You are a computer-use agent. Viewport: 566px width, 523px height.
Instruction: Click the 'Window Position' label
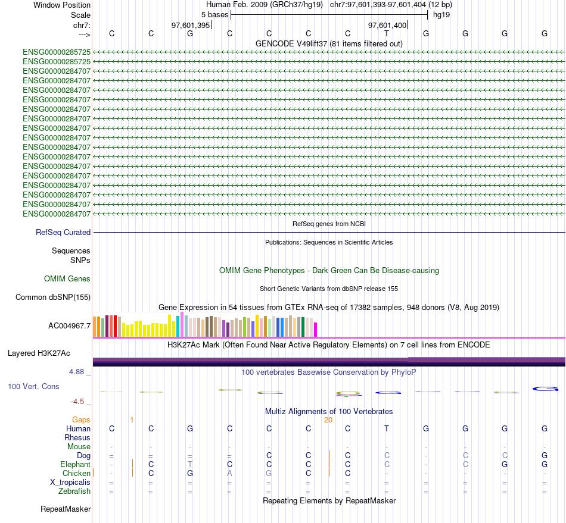point(62,5)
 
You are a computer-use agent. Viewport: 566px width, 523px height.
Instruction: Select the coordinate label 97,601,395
point(191,26)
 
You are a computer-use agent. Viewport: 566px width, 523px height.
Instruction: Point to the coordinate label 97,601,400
point(388,26)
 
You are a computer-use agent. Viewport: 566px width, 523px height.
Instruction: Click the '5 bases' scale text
point(214,14)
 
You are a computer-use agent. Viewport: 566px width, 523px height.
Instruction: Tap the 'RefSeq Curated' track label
point(63,233)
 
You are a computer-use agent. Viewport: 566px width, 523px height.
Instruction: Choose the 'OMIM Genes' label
point(67,279)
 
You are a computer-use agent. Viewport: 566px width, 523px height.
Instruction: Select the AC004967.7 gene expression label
point(69,326)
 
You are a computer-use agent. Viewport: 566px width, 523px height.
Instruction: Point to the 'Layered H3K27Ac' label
point(39,353)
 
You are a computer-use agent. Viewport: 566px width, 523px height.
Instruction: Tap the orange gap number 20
point(328,420)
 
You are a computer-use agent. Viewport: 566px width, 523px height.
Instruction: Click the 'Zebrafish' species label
point(74,491)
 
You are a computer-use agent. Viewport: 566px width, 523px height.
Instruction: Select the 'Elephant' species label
point(75,465)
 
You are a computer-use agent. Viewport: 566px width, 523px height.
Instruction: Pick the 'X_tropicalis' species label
point(70,483)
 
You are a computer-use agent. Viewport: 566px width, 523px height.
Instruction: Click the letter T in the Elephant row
point(190,464)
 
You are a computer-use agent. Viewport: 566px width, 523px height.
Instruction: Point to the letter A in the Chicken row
point(229,474)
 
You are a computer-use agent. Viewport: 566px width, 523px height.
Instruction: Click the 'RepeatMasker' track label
point(66,509)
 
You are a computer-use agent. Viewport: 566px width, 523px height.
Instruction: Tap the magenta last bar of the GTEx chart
point(316,329)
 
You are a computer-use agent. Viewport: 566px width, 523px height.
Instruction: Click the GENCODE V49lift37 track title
point(329,44)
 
